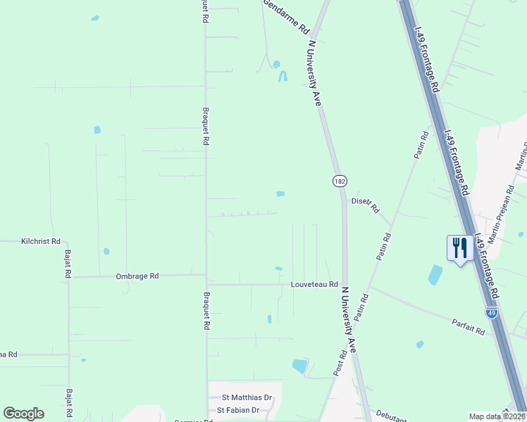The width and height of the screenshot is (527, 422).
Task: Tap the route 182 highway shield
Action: [340, 181]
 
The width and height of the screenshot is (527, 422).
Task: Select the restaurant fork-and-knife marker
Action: [460, 248]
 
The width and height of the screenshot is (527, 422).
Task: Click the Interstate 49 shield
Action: [491, 312]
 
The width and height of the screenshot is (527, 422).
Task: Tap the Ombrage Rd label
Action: [137, 276]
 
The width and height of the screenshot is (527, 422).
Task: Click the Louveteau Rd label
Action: [315, 284]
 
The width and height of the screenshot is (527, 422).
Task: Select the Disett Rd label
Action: [366, 204]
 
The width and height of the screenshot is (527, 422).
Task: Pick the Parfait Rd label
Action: [469, 326]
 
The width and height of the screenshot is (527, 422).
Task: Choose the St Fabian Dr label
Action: [239, 409]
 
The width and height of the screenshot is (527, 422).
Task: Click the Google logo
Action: [23, 414]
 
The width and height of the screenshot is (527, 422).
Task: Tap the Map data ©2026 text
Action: [497, 416]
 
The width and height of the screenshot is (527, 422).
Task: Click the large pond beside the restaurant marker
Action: [435, 274]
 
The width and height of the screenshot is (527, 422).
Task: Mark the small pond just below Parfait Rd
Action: [420, 345]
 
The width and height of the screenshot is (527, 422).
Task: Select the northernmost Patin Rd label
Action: [421, 145]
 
